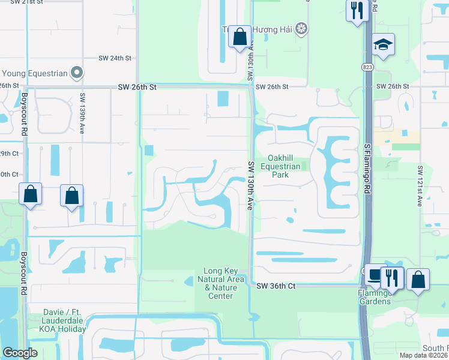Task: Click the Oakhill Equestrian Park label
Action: pos(279,166)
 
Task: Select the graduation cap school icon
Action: pos(382,44)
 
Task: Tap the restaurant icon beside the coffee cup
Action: pos(392,278)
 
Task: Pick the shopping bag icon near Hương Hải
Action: pos(240,37)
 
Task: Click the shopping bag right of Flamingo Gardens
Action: pos(418,280)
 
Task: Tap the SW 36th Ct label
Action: pos(276,286)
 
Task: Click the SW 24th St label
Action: pos(115,58)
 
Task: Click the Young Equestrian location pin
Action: pos(76,73)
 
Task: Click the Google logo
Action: pos(20,353)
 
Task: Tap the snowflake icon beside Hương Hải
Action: pos(301,29)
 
